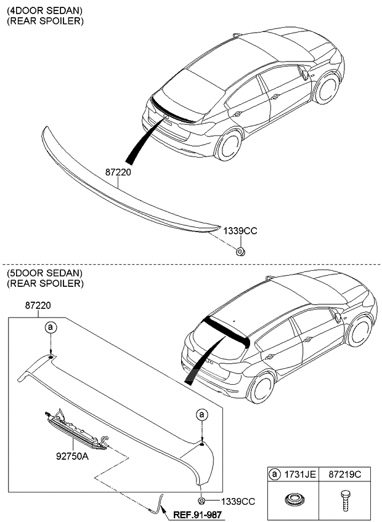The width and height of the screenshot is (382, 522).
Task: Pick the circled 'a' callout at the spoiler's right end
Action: pyautogui.click(x=201, y=415)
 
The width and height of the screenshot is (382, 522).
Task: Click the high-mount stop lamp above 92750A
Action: pyautogui.click(x=73, y=427)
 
